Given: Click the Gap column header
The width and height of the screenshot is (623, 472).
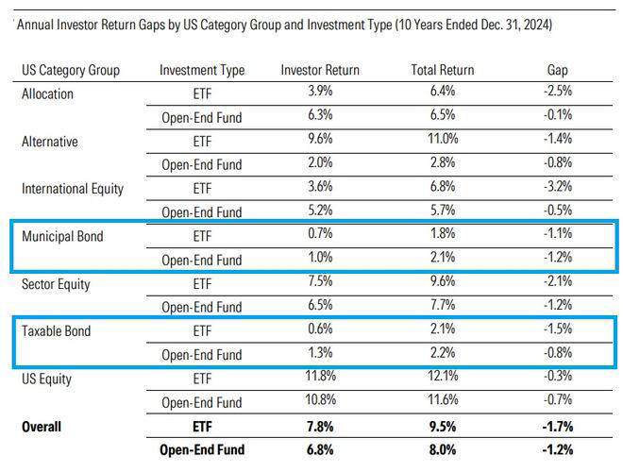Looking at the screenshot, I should click(x=558, y=71).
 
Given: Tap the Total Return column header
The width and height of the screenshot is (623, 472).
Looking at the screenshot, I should click(x=443, y=71).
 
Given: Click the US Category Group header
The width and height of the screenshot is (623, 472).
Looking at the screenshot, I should click(x=75, y=71).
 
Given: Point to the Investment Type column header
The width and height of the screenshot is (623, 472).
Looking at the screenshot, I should click(x=202, y=71).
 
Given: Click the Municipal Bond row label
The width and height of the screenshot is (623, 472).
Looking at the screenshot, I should click(x=62, y=236).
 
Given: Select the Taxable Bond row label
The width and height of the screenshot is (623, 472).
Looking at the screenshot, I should click(x=56, y=331).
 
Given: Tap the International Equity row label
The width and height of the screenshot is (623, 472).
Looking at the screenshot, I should click(x=73, y=189).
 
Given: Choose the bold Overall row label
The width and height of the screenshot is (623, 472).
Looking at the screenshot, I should click(x=42, y=427).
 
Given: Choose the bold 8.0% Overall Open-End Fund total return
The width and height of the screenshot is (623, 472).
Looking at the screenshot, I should click(x=443, y=450).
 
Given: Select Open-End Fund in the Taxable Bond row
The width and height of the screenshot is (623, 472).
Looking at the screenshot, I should click(x=202, y=356).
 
